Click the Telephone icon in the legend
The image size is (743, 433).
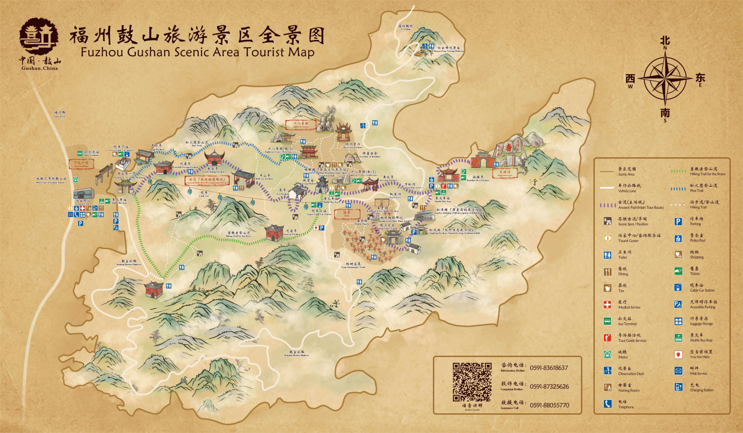[x=608, y=404]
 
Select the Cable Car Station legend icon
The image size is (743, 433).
[x=678, y=288]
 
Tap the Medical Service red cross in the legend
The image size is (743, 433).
[x=608, y=305]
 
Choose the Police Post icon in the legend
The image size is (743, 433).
[x=678, y=238]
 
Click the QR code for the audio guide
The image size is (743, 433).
[x=472, y=382]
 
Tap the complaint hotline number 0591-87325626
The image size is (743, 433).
[x=549, y=386]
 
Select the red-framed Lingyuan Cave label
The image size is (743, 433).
[x=505, y=173]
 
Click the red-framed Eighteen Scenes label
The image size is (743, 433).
[x=301, y=125]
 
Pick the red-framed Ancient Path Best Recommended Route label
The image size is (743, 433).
[x=207, y=180]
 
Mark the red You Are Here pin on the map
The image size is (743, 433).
[x=316, y=228]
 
